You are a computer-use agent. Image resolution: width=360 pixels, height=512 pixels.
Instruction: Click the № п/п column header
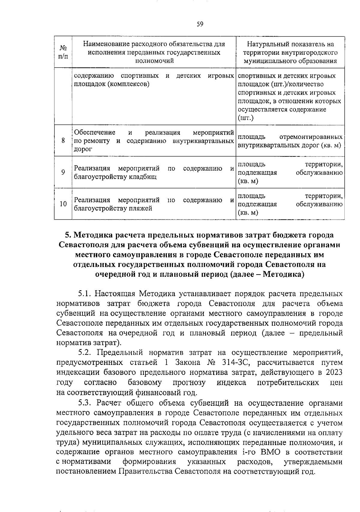pyautogui.click(x=63, y=52)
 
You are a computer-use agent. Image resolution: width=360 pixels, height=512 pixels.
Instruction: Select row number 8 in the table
pyautogui.click(x=63, y=140)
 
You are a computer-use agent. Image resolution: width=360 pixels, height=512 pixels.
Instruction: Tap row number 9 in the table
pyautogui.click(x=63, y=172)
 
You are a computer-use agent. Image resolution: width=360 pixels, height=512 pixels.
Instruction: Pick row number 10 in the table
pyautogui.click(x=63, y=204)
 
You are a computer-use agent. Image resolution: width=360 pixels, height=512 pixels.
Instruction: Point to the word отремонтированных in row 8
pyautogui.click(x=311, y=137)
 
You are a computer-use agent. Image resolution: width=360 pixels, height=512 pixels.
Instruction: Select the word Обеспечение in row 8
pyautogui.click(x=94, y=132)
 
